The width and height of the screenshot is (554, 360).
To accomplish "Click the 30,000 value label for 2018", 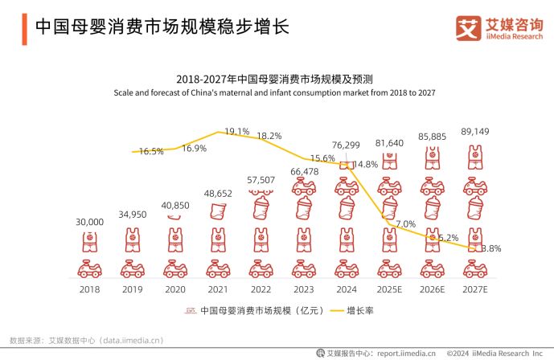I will click(x=90, y=222).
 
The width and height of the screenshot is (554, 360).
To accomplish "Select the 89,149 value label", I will click(x=475, y=132).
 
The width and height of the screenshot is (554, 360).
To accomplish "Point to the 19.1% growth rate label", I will click(x=237, y=131).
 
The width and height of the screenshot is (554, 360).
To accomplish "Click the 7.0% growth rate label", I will click(x=406, y=224).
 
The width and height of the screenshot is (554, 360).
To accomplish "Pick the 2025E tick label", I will click(x=390, y=287).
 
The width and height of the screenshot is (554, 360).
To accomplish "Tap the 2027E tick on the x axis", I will click(x=475, y=287).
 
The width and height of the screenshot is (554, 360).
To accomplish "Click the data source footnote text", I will click(x=86, y=340).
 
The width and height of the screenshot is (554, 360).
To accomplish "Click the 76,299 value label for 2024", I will click(x=347, y=145).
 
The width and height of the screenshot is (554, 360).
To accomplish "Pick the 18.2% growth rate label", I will click(x=269, y=137).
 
